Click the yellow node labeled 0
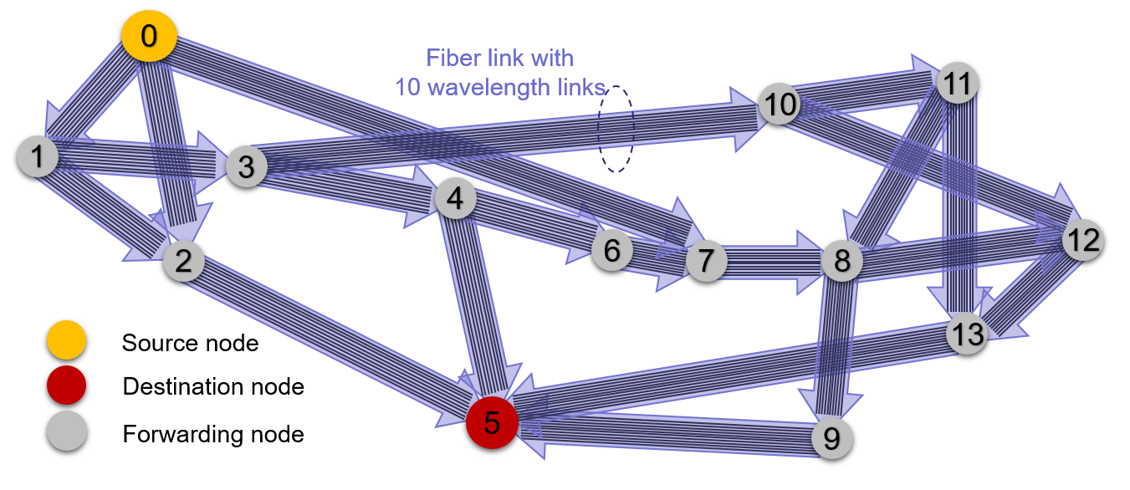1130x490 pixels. (x=149, y=38)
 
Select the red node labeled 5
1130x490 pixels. (x=492, y=422)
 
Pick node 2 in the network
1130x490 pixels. (x=184, y=261)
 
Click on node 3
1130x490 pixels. (x=246, y=166)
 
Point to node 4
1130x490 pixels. (x=455, y=199)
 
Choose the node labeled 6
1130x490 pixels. (x=612, y=250)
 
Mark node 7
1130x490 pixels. (x=707, y=262)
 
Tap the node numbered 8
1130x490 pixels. (x=841, y=261)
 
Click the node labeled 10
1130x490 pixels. (x=780, y=105)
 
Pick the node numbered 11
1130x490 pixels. (x=958, y=83)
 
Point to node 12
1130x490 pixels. (x=1083, y=241)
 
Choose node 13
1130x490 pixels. (x=968, y=334)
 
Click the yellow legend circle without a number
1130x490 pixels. (x=67, y=339)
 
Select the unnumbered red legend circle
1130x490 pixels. (x=67, y=385)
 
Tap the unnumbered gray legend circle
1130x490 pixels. (x=67, y=431)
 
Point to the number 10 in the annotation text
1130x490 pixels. (x=407, y=87)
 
